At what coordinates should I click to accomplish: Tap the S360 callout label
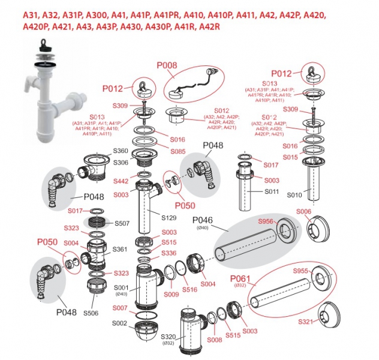coord(121,151)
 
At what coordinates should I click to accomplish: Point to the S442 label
coord(121,180)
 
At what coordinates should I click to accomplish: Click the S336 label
coord(169,253)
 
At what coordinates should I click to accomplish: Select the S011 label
coord(272,191)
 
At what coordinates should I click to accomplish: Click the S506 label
coord(91,313)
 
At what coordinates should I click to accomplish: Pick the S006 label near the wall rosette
coord(304,211)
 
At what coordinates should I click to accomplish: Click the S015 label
coord(290,157)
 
